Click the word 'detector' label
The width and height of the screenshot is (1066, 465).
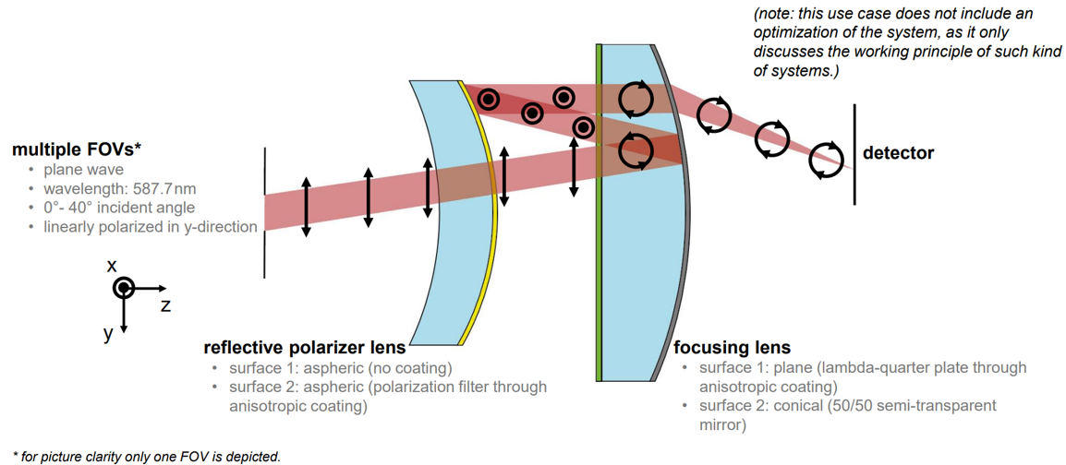(x=898, y=153)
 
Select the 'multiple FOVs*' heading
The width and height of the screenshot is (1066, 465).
(x=77, y=149)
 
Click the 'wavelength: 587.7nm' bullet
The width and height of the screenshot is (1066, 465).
(x=119, y=188)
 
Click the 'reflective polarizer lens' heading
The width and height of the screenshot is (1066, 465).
(x=304, y=348)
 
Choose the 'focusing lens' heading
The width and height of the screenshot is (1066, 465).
(x=732, y=348)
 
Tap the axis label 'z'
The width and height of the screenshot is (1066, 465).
(x=165, y=305)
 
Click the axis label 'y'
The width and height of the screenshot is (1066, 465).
(x=108, y=333)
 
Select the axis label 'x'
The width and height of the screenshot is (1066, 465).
(x=112, y=266)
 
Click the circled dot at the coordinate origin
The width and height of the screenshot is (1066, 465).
(x=124, y=288)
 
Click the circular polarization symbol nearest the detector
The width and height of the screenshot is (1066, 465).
(x=826, y=160)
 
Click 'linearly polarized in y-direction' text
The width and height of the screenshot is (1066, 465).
(x=150, y=226)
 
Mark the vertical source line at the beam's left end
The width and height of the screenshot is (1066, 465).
(x=264, y=212)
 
